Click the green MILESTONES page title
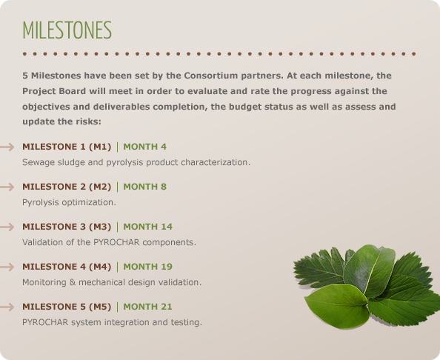point(67,30)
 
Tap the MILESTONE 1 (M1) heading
point(67,147)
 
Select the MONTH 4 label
point(144,147)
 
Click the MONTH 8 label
point(144,187)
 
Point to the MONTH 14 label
point(148,227)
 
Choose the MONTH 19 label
point(148,267)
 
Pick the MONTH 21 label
point(147,307)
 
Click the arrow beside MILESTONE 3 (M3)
point(7,227)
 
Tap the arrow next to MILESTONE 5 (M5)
point(7,307)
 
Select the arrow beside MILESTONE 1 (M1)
point(7,147)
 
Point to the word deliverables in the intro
point(121,107)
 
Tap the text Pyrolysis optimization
point(69,202)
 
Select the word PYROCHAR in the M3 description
point(116,242)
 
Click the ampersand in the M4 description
point(73,282)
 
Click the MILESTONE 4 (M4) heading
point(67,267)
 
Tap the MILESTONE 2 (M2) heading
point(67,187)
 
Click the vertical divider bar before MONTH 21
point(117,307)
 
